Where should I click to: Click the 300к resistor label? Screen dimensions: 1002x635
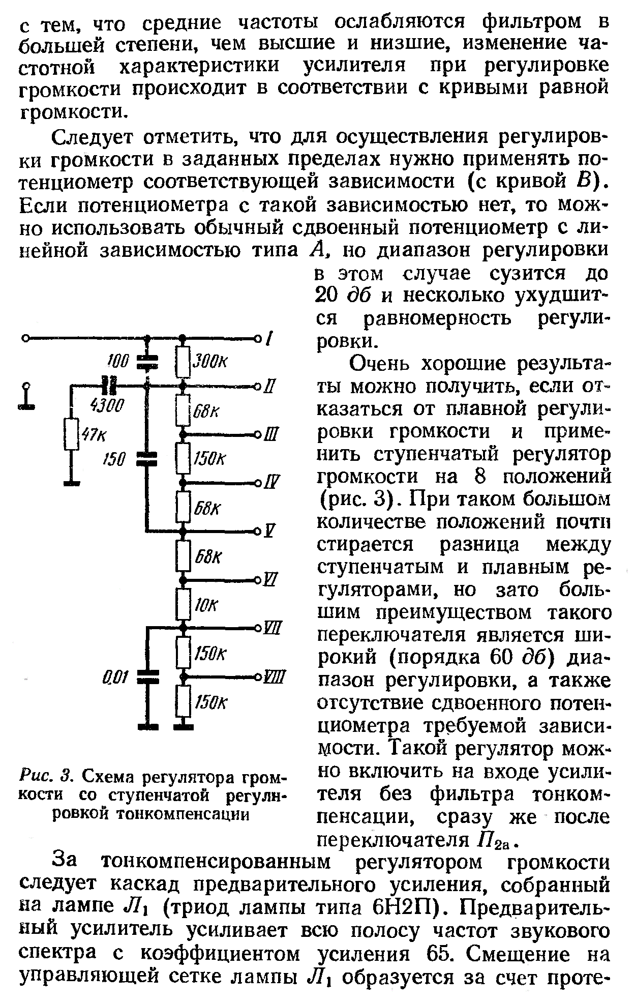(208, 363)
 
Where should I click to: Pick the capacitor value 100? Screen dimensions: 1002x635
(117, 361)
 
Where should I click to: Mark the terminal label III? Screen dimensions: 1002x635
(271, 435)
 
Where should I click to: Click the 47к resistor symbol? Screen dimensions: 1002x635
(71, 434)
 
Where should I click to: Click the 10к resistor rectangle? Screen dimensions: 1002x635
(183, 603)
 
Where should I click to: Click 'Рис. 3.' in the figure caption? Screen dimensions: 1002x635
(47, 777)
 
